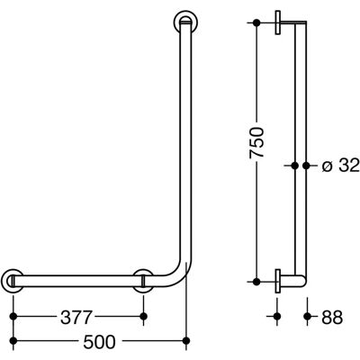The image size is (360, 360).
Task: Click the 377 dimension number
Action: (x=76, y=318)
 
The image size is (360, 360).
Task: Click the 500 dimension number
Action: (x=99, y=342)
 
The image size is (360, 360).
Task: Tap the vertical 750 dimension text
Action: (x=256, y=142)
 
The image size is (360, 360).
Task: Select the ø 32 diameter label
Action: (x=340, y=166)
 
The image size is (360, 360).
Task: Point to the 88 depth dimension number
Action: (x=332, y=318)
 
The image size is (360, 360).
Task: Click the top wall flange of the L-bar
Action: (x=185, y=22)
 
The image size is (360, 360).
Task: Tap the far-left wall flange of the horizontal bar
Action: (x=13, y=281)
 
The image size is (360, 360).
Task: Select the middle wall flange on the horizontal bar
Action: (x=143, y=281)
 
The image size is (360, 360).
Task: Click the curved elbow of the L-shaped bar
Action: (x=180, y=276)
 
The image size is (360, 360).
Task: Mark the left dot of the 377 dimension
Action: (x=13, y=316)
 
